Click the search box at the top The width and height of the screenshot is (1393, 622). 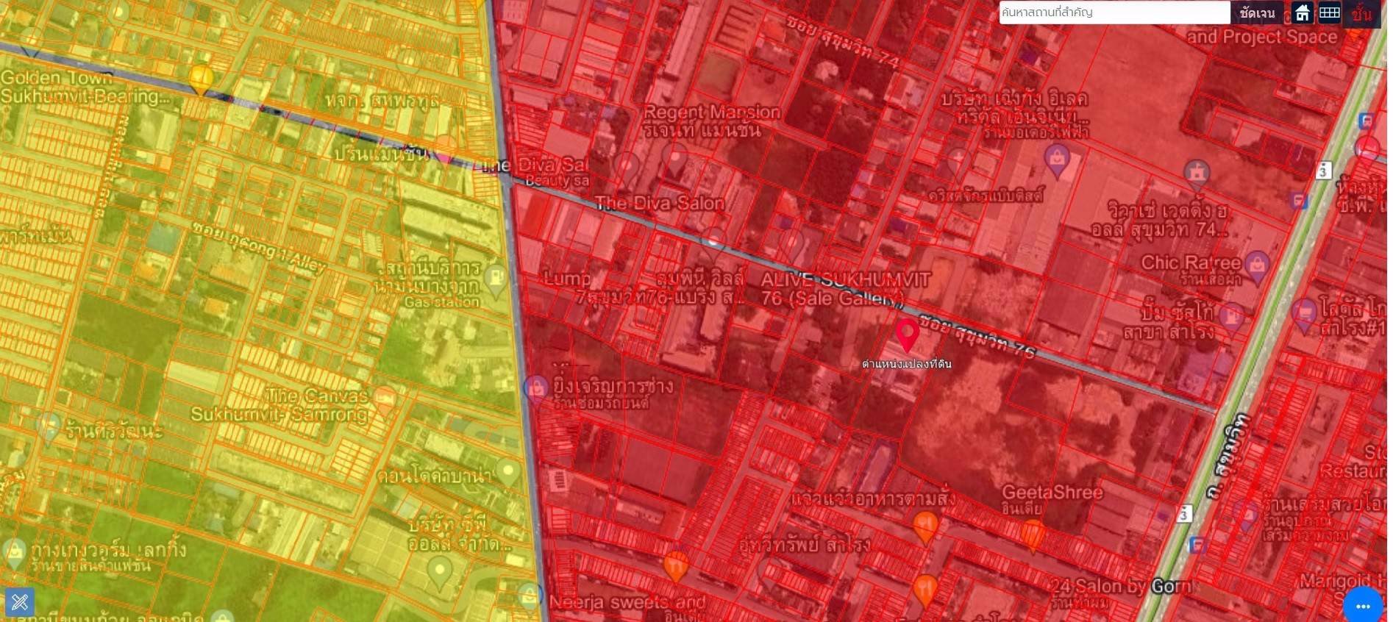click(x=1113, y=12)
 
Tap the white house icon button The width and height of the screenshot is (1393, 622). click(x=1303, y=12)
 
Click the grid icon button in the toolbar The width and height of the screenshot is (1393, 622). click(x=1329, y=12)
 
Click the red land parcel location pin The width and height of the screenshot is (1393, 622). click(x=908, y=334)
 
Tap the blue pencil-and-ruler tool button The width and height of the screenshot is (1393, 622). click(x=20, y=602)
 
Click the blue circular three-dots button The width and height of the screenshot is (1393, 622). click(x=1363, y=606)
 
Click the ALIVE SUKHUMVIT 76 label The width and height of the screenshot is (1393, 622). click(x=845, y=288)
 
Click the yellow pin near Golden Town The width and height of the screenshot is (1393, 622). click(x=201, y=78)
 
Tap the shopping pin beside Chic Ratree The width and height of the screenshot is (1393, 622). click(x=1256, y=265)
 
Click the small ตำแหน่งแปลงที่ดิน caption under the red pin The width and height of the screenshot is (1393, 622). click(x=907, y=363)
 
